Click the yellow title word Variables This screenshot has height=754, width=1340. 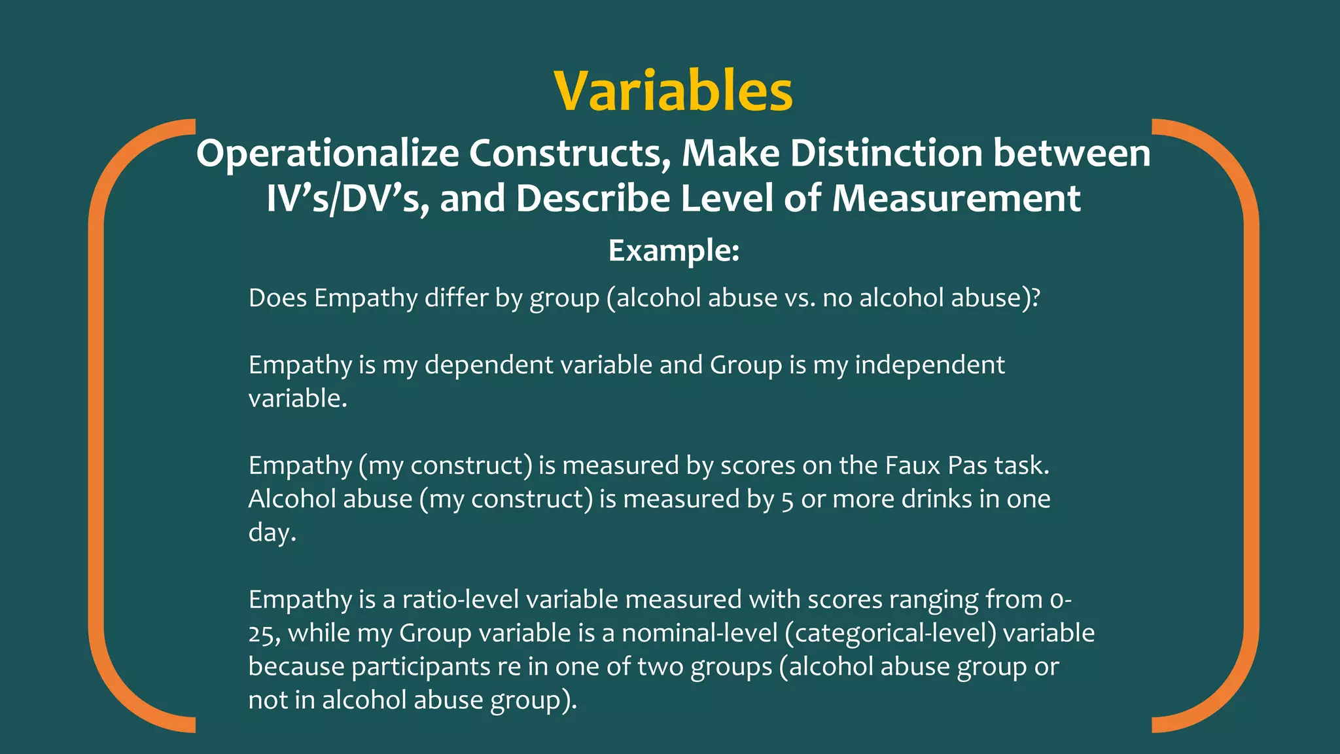[x=673, y=91]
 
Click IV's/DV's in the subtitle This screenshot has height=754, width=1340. [x=347, y=198]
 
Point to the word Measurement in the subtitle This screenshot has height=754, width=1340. [x=956, y=198]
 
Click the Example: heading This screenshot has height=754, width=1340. [x=673, y=250]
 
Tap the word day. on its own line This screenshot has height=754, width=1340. [x=272, y=533]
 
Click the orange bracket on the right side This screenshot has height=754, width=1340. [x=1250, y=425]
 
